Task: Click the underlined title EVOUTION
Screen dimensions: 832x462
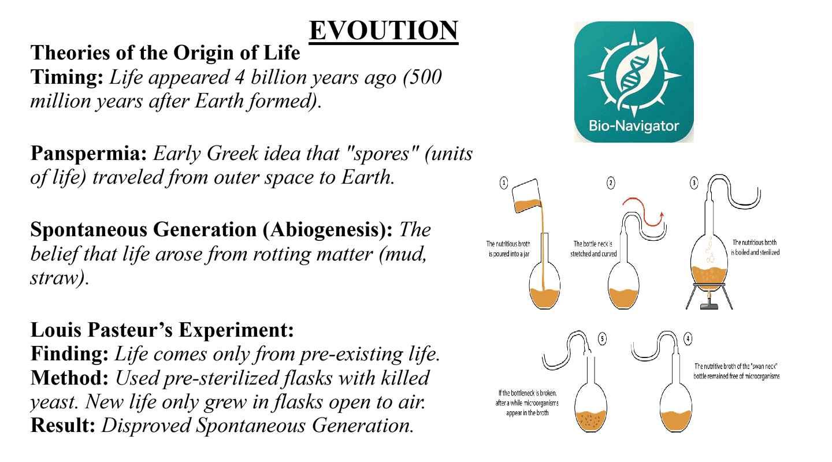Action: pos(384,31)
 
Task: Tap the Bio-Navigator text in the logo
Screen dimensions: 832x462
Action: pos(634,126)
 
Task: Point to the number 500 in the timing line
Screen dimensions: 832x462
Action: pos(426,77)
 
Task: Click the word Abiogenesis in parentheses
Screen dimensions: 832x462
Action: pos(327,229)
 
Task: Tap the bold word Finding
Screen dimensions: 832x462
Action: pos(69,354)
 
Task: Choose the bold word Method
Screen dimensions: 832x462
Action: pos(69,378)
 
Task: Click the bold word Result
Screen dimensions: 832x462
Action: pos(63,426)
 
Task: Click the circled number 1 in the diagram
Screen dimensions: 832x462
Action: pos(504,183)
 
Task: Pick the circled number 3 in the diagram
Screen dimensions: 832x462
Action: pos(694,183)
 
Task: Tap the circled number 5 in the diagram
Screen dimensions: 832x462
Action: pos(602,339)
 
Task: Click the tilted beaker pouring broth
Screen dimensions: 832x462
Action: pos(527,196)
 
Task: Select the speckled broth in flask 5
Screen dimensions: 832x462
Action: pos(590,421)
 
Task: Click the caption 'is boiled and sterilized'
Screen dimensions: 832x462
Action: pos(755,253)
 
